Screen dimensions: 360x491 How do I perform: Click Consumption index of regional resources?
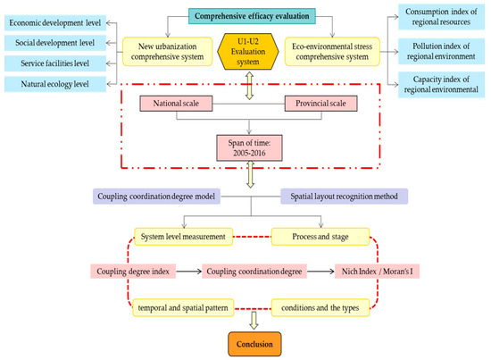tap(444, 16)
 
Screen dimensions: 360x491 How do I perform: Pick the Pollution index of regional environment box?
tap(444, 50)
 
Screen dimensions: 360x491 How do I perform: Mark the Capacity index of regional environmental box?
tap(444, 85)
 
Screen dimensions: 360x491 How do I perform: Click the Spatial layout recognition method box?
tap(344, 197)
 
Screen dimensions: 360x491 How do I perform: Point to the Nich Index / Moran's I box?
tap(376, 269)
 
